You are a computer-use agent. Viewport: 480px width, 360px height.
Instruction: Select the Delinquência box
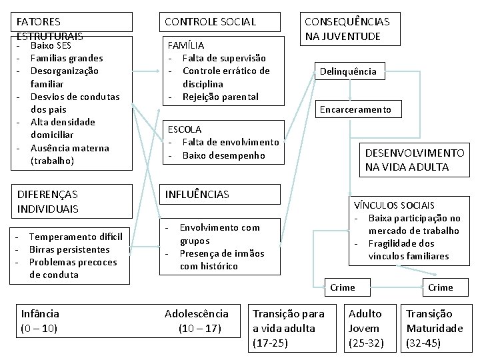pyautogui.click(x=348, y=71)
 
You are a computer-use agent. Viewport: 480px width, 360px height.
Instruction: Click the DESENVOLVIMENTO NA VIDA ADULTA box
pyautogui.click(x=413, y=160)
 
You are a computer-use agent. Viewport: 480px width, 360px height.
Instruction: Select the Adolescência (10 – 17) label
pyautogui.click(x=198, y=320)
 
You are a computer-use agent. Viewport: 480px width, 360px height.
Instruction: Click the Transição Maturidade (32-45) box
pyautogui.click(x=435, y=328)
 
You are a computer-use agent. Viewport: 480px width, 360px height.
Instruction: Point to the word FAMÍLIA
pyautogui.click(x=186, y=46)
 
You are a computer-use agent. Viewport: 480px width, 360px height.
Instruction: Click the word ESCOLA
pyautogui.click(x=185, y=129)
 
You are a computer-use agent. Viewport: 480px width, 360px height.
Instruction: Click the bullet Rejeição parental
pyautogui.click(x=220, y=97)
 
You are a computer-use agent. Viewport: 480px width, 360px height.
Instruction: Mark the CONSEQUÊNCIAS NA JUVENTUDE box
pyautogui.click(x=347, y=28)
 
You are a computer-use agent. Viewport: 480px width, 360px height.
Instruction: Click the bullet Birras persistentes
pyautogui.click(x=69, y=249)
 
